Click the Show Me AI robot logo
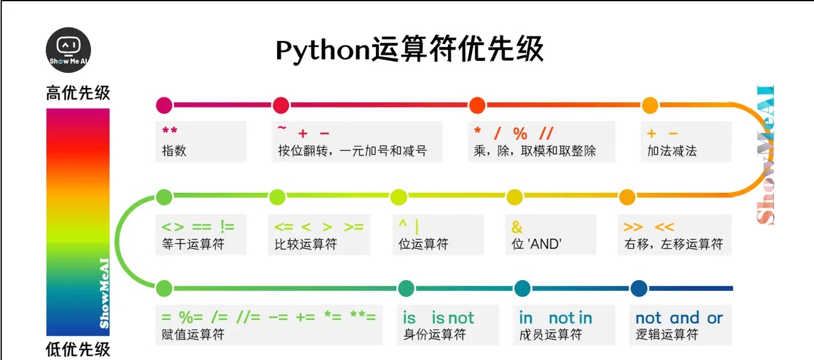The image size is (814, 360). [x=69, y=50]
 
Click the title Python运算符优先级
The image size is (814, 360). [x=409, y=49]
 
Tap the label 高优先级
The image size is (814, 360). [x=78, y=94]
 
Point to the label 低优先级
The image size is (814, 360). [x=78, y=349]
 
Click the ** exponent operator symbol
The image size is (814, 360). [x=170, y=132]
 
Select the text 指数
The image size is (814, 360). [x=174, y=151]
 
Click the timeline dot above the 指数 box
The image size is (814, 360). [x=163, y=105]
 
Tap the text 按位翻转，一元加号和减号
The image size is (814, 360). [x=352, y=151]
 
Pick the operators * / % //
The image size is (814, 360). [x=514, y=133]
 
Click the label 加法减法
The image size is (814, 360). [x=672, y=151]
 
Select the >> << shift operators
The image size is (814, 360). [x=648, y=227]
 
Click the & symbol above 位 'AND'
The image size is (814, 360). [x=517, y=226]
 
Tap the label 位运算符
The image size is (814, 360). [x=424, y=244]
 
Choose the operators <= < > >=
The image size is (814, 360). [x=319, y=227]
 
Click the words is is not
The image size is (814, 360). [x=438, y=318]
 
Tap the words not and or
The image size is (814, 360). [x=679, y=318]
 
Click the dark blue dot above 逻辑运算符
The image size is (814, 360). [x=639, y=288]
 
